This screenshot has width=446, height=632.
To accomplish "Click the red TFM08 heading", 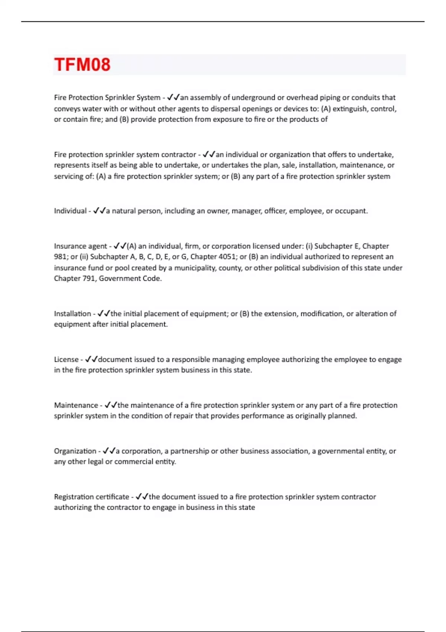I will (x=82, y=65).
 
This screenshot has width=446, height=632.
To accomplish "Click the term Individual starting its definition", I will (x=70, y=211).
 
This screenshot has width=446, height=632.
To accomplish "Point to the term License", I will (x=66, y=359).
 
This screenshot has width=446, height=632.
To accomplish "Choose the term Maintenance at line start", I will (x=76, y=405).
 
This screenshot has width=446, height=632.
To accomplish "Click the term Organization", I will (x=75, y=451).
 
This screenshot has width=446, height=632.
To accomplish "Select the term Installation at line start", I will (x=72, y=314).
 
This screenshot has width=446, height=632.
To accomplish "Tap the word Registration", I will (x=72, y=497).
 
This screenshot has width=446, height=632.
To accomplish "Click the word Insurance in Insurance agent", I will (x=69, y=246).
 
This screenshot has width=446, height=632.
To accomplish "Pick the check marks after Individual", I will (x=99, y=211).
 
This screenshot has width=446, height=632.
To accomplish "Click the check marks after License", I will (x=91, y=359).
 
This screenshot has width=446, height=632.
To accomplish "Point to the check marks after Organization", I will (x=109, y=451).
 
